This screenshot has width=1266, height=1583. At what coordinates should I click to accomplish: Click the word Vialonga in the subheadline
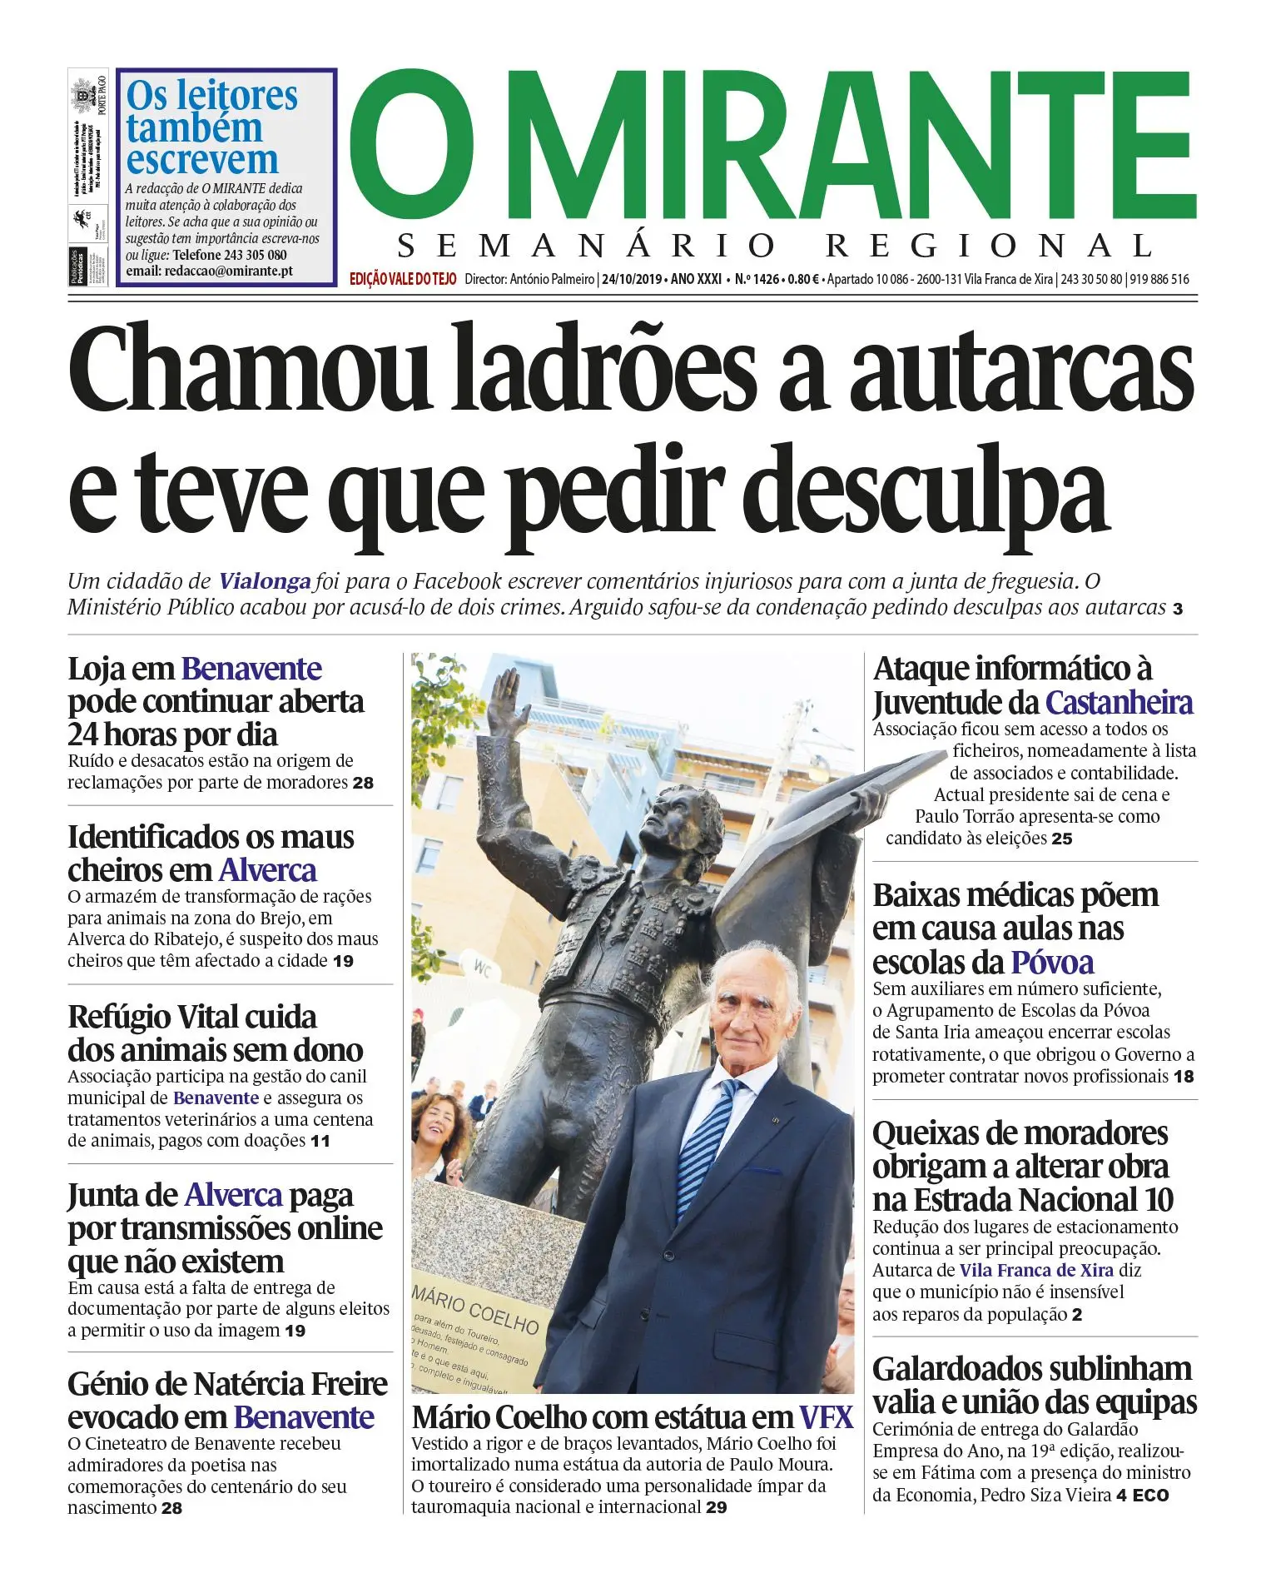265,581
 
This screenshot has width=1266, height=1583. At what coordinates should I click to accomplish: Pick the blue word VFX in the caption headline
826,1417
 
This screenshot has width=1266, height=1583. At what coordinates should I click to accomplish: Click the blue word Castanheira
1119,703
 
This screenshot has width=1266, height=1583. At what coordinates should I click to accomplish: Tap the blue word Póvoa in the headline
1052,963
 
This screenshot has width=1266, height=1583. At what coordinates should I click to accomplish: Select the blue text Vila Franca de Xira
1035,1270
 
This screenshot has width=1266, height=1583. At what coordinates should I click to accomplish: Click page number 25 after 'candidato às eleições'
1061,839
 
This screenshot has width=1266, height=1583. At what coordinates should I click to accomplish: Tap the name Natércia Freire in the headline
290,1384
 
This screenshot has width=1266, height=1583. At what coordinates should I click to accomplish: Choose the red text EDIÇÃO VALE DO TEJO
403,279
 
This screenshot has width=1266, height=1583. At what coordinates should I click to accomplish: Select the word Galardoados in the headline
970,1369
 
